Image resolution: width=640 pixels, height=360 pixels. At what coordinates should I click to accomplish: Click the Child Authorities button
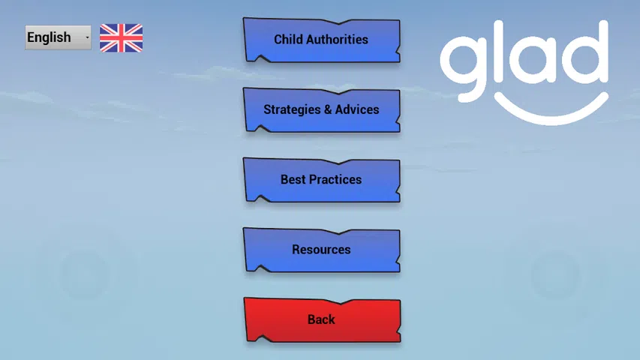point(321,40)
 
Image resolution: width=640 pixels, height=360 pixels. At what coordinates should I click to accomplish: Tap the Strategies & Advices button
point(321,109)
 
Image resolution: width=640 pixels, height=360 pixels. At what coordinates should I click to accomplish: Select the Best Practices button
point(321,180)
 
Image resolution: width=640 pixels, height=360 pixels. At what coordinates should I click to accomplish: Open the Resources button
point(321,250)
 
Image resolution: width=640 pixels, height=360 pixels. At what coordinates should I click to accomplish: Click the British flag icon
point(122,38)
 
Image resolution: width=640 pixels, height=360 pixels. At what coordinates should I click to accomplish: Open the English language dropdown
point(58,37)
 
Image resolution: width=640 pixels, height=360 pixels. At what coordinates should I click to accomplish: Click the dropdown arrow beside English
point(87,37)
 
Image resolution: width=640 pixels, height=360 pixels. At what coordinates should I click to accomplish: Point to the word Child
point(289,39)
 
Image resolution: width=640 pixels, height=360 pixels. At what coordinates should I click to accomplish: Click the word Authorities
point(337,39)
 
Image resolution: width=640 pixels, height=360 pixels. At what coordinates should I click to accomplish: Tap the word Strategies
point(292,109)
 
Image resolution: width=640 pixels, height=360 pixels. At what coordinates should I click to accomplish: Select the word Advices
point(357,109)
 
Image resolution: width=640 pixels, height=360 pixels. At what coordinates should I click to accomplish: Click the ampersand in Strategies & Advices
point(328,109)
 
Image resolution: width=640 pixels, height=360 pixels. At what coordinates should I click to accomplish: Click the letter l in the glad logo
point(502,50)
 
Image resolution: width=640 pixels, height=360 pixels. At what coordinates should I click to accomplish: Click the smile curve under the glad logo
point(551,121)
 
